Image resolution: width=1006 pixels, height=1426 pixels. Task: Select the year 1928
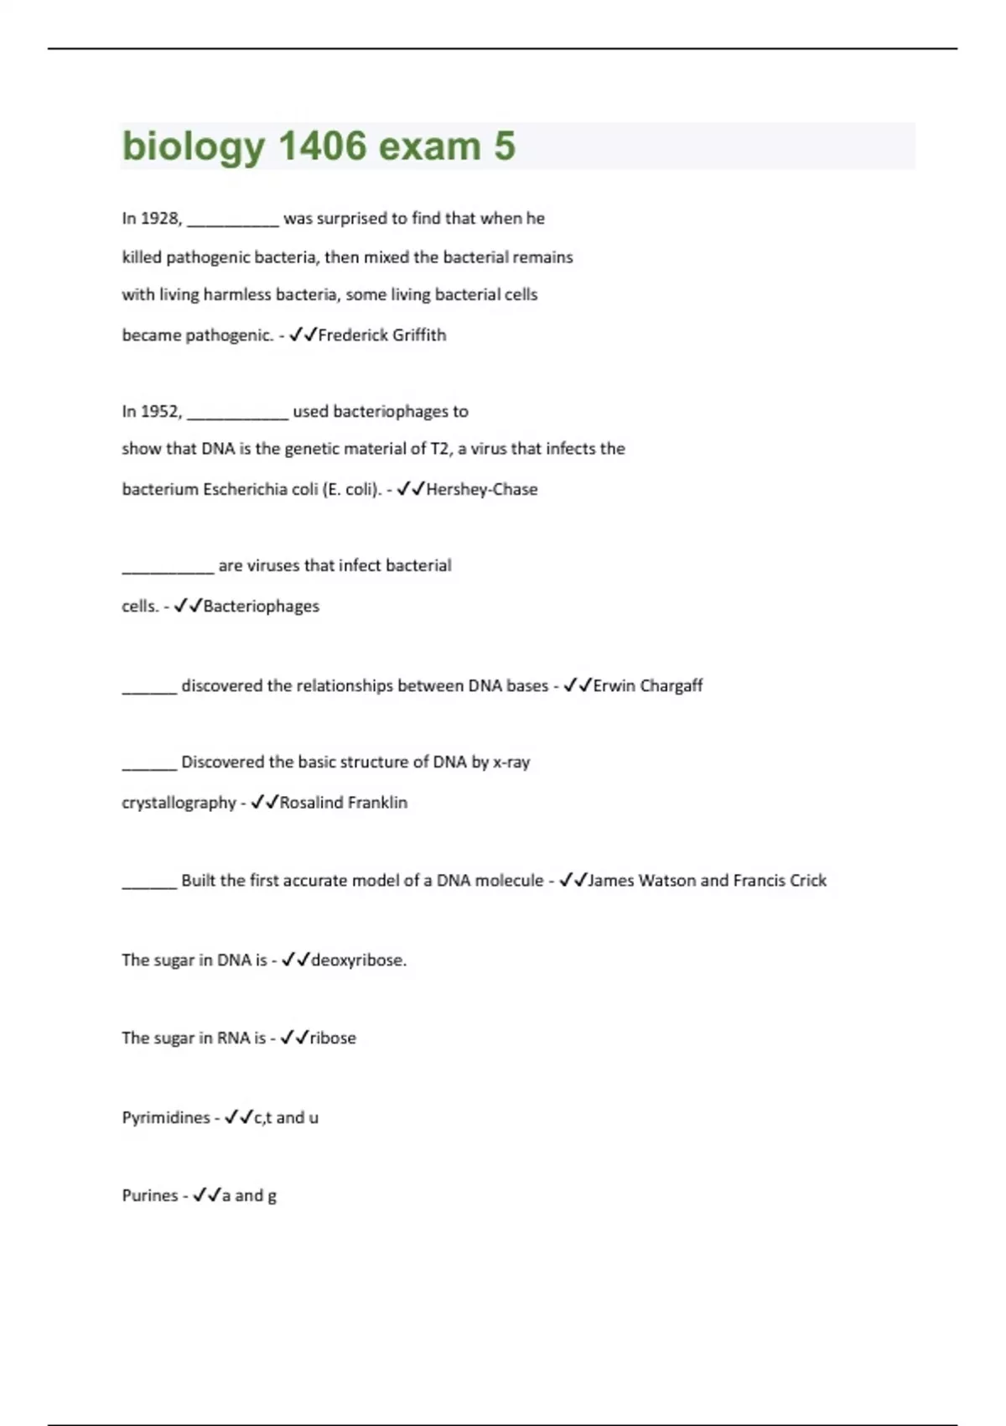(x=161, y=218)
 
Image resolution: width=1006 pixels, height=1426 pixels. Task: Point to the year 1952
(x=161, y=411)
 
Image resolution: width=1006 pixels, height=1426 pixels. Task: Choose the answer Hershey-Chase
(x=482, y=489)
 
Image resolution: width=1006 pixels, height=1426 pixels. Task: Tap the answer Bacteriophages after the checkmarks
(x=261, y=606)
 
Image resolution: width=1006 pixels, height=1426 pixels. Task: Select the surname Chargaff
(x=671, y=685)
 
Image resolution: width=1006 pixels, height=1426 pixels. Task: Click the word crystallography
(x=179, y=803)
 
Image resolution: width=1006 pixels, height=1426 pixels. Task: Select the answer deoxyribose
(x=358, y=960)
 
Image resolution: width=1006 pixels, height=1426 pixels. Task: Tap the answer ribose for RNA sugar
(x=333, y=1038)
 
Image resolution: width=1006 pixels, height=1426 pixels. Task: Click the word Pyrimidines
(x=166, y=1117)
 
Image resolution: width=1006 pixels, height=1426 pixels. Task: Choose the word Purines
(x=150, y=1195)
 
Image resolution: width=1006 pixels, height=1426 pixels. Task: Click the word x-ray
(x=511, y=762)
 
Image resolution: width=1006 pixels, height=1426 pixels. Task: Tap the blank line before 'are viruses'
(x=168, y=570)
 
